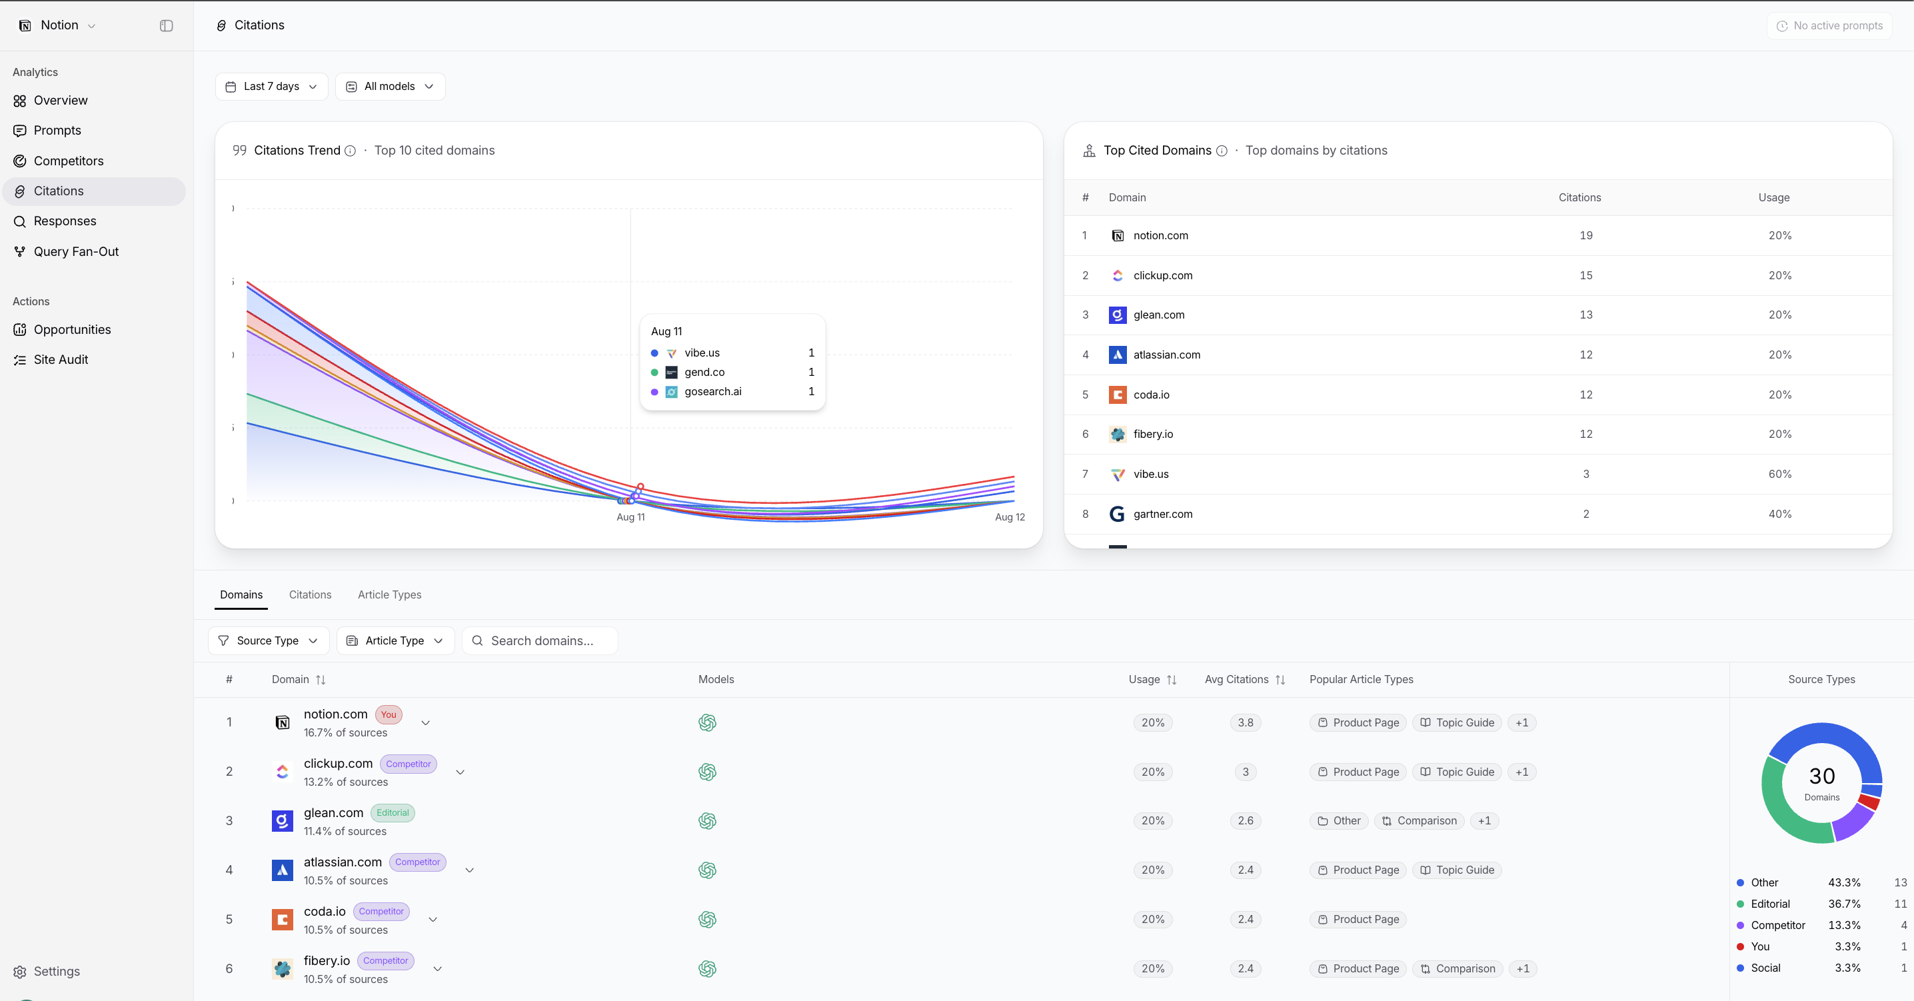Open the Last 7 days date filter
tap(271, 86)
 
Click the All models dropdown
tap(390, 86)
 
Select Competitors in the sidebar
tap(69, 161)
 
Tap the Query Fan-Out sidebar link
tap(76, 251)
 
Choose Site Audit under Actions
tap(61, 360)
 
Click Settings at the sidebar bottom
tap(57, 971)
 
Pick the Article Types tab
tap(389, 594)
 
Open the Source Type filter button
tap(268, 640)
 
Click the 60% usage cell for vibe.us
tap(1779, 474)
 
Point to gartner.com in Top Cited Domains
tap(1163, 514)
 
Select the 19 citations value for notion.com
tap(1585, 235)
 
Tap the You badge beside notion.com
tap(389, 715)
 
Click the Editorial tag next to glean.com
tap(393, 813)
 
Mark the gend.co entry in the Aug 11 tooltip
tap(704, 373)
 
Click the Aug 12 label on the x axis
tap(1010, 517)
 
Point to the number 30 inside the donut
tap(1822, 776)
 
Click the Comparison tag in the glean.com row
tap(1420, 821)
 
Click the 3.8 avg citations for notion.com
tap(1246, 722)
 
